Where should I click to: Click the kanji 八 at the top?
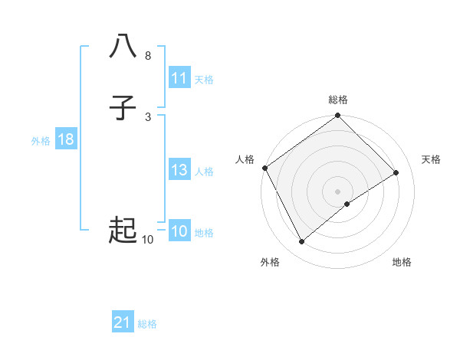(123, 47)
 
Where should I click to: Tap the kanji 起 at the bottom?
(123, 230)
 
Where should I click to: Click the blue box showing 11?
(179, 78)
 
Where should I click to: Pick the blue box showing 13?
(179, 170)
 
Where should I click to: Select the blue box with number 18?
(65, 139)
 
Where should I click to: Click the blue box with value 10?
(179, 231)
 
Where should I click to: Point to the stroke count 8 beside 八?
(148, 56)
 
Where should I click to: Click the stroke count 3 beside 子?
(148, 117)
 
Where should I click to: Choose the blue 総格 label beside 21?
(147, 324)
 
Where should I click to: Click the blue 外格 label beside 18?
(41, 141)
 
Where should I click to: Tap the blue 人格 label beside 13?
(204, 172)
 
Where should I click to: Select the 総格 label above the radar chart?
(338, 100)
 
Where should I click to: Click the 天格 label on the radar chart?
(432, 159)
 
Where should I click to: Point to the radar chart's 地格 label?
(402, 262)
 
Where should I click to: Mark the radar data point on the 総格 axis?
(338, 116)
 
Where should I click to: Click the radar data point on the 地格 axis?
(347, 204)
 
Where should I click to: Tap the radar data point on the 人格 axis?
(264, 168)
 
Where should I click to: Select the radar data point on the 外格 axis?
(302, 242)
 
